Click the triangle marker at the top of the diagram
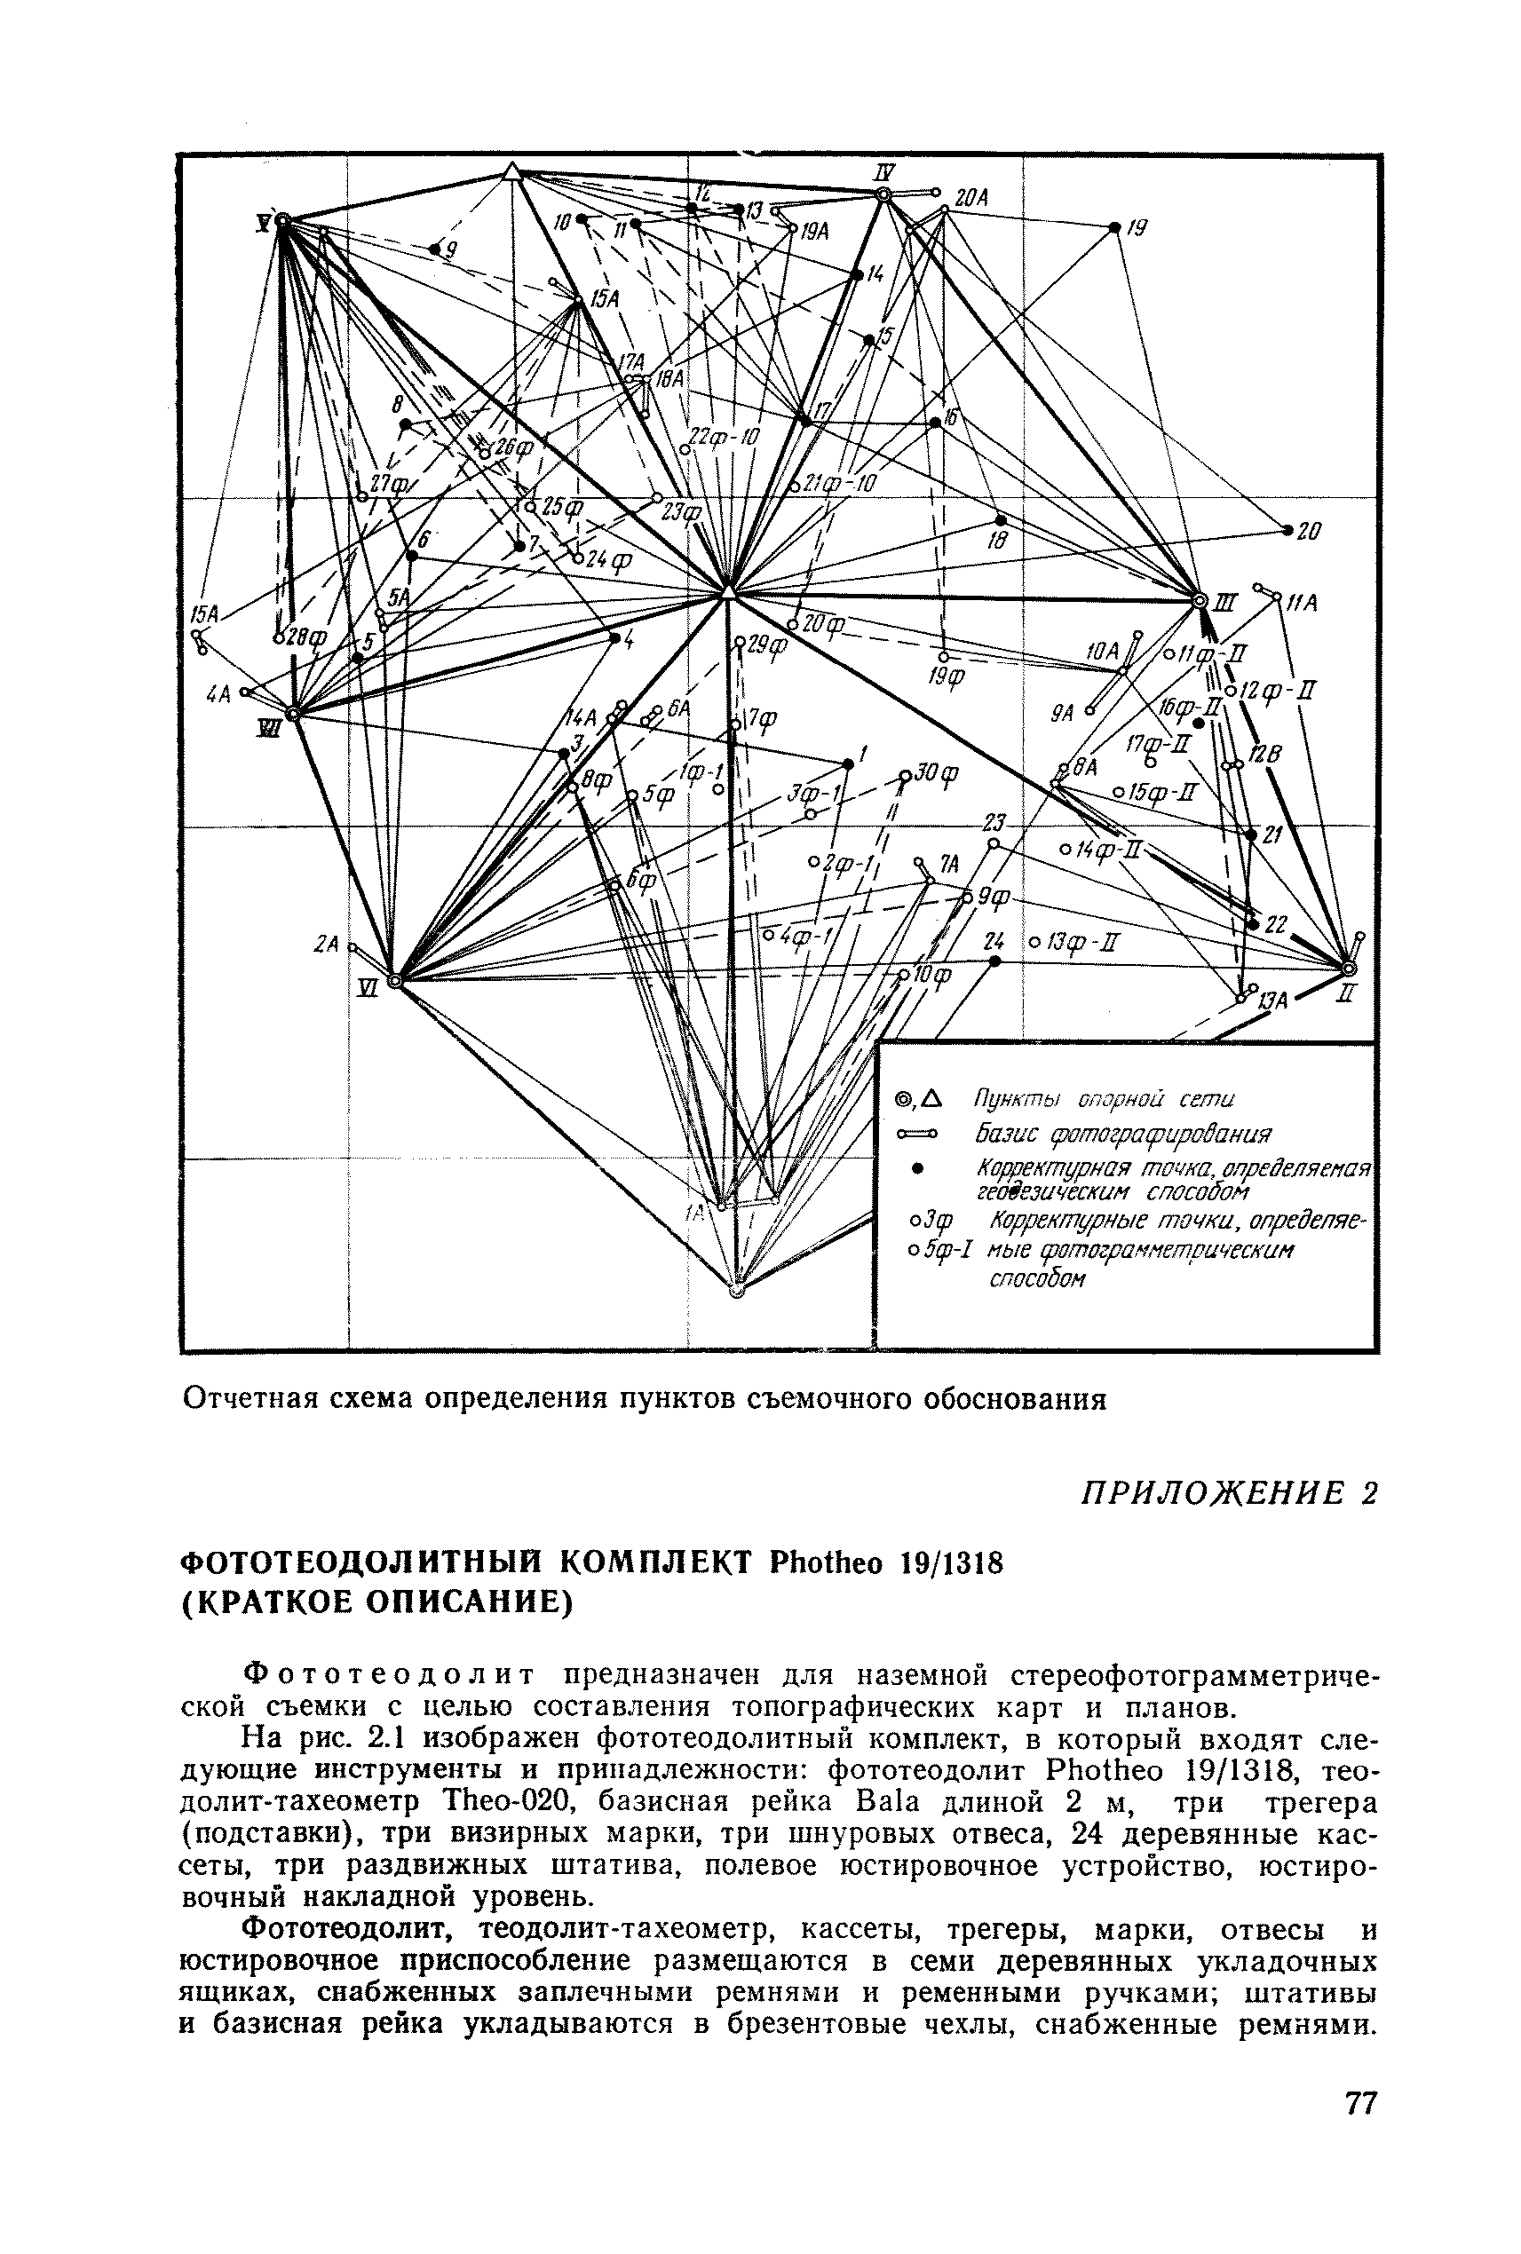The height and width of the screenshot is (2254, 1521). pos(511,172)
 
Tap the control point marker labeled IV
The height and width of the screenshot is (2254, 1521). pos(883,195)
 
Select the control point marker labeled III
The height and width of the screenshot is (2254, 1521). pos(1199,601)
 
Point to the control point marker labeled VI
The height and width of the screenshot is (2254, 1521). pos(394,982)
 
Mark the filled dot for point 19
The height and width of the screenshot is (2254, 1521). pos(1114,228)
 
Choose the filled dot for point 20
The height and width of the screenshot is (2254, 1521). pos(1287,531)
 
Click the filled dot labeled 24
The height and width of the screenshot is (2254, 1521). pos(994,961)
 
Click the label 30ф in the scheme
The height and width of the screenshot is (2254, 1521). pos(937,773)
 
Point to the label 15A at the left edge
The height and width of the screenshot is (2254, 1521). pos(203,614)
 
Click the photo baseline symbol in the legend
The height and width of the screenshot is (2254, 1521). pos(917,1133)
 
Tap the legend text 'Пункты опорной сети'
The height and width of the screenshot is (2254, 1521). pos(1103,1099)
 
